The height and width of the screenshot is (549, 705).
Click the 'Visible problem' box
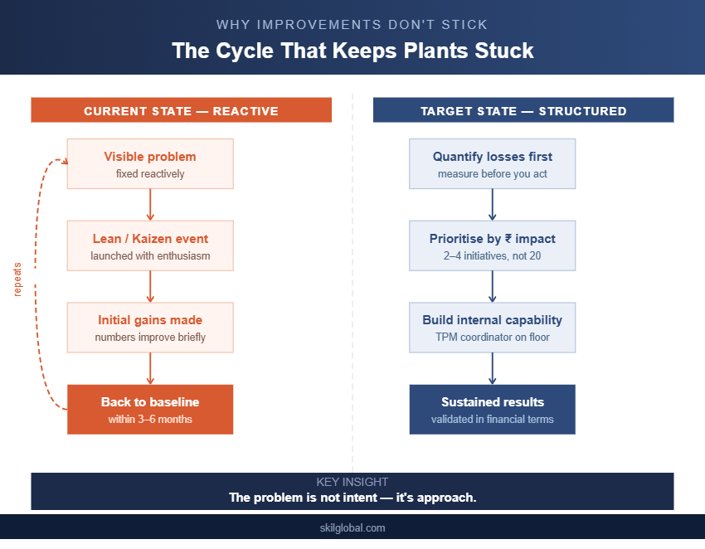pos(150,164)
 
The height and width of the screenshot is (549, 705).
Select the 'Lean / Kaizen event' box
pos(150,246)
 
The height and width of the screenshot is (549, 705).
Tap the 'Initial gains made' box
pos(150,328)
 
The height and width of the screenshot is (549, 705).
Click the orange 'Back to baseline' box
pos(150,410)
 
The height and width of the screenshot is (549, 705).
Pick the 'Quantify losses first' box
pos(492,164)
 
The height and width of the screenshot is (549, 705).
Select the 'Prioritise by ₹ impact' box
pos(492,246)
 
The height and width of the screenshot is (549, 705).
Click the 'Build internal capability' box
pos(492,328)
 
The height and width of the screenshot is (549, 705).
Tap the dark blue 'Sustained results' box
pos(492,410)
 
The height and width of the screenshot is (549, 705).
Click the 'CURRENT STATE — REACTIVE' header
pos(181,110)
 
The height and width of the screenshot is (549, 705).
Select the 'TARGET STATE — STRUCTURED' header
pos(523,110)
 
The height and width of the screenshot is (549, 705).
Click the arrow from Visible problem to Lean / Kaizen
pos(150,205)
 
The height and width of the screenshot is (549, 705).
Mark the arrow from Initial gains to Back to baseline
pos(150,368)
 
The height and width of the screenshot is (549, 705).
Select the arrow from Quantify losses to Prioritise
pos(492,205)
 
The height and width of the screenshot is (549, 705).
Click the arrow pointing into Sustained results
pos(492,368)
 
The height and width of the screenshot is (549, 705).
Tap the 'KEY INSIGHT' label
pos(352,482)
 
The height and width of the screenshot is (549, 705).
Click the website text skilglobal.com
pos(352,527)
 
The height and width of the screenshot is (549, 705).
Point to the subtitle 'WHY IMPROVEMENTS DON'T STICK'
pos(352,25)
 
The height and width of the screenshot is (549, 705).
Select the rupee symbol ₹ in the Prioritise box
pos(508,239)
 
